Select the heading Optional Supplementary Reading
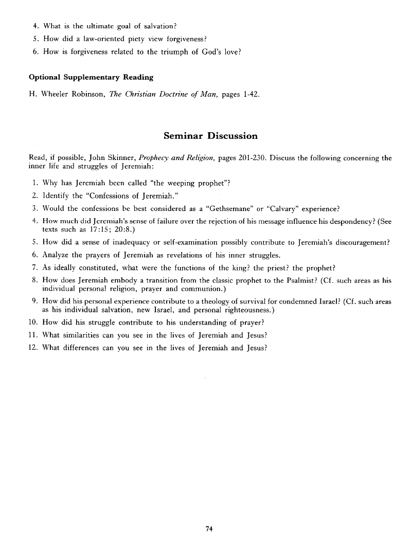tap(91, 77)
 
